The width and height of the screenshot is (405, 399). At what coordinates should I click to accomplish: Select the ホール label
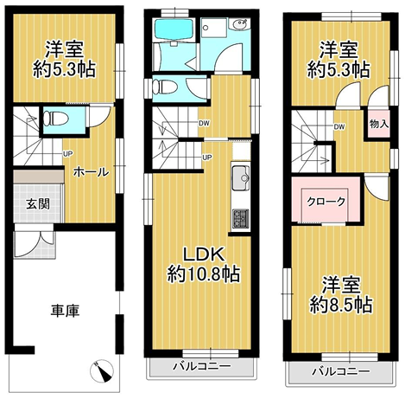(x=90, y=171)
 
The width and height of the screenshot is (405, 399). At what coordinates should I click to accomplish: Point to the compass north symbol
(x=102, y=372)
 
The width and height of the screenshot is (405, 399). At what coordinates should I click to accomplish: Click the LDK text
(x=203, y=255)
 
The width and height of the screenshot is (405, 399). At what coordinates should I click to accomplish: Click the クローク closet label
(x=327, y=201)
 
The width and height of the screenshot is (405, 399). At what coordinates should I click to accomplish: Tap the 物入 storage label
(x=377, y=125)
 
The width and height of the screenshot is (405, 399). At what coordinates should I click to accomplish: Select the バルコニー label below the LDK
(x=200, y=367)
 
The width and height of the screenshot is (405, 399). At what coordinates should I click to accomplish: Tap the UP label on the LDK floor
(x=207, y=157)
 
